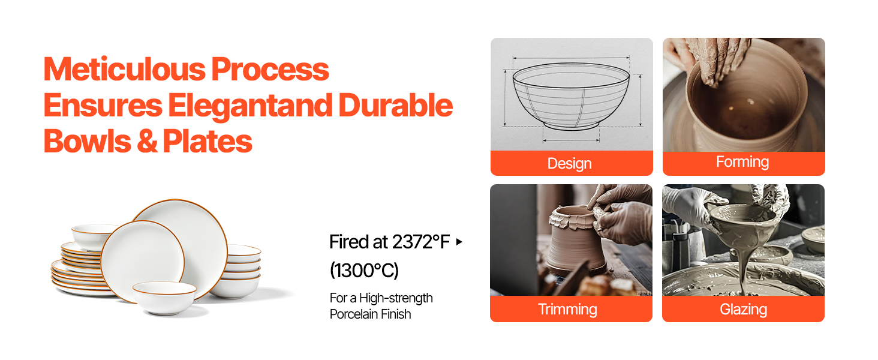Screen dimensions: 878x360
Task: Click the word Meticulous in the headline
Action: coord(125,70)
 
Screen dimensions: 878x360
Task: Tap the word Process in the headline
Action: coord(270,70)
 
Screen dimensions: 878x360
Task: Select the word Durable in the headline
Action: coord(395,105)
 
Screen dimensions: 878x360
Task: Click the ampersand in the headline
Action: coord(148,141)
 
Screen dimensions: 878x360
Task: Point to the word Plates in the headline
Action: coord(208,141)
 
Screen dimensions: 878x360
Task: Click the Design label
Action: coord(570,164)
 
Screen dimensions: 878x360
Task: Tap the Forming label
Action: coord(742,161)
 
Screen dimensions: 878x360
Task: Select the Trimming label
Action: coord(567,310)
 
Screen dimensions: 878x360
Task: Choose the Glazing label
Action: coord(743,310)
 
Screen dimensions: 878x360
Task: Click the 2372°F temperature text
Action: coord(420,242)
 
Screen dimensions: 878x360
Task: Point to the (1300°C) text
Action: coord(364,270)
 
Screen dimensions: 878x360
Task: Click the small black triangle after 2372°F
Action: coord(459,242)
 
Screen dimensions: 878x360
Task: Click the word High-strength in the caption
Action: coord(396,298)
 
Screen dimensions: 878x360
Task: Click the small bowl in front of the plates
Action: coord(164,298)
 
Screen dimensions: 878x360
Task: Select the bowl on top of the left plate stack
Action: coord(93,236)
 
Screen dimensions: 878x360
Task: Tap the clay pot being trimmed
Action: coord(576,241)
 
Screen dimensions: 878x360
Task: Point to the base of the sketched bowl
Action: coord(571,125)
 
